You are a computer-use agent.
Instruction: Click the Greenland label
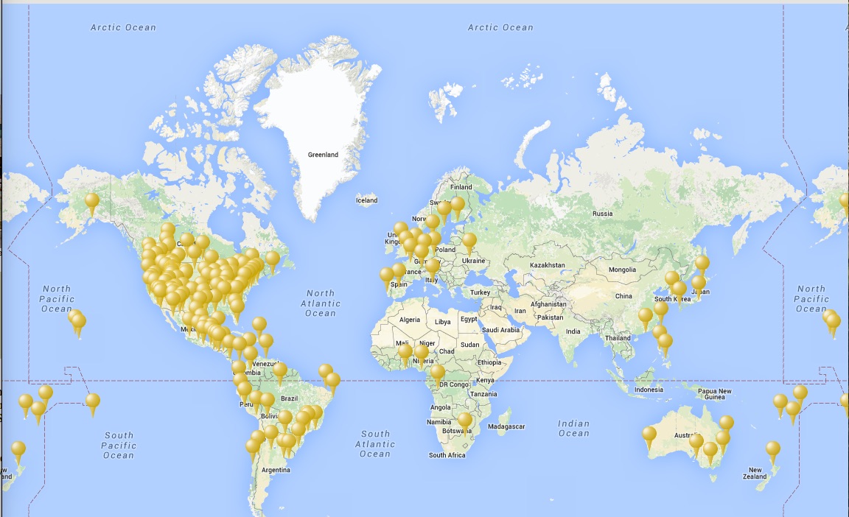tap(323, 155)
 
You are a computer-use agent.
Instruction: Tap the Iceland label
tap(366, 200)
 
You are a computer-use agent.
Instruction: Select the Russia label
tap(602, 214)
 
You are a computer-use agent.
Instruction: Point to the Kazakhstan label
tap(547, 265)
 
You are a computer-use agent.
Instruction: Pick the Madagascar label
tap(507, 426)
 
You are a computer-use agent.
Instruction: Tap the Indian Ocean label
tap(573, 428)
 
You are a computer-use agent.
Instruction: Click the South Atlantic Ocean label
tap(375, 444)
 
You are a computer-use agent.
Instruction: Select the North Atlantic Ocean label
tap(321, 303)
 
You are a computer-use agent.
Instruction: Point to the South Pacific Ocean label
tap(118, 445)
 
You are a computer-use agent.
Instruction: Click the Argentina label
tap(276, 470)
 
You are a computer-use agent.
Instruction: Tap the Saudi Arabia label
tap(500, 330)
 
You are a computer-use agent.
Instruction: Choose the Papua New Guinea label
tap(715, 394)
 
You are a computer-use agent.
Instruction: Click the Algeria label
tap(409, 320)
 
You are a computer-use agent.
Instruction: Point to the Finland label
tap(461, 187)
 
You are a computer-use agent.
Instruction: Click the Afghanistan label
tap(548, 303)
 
